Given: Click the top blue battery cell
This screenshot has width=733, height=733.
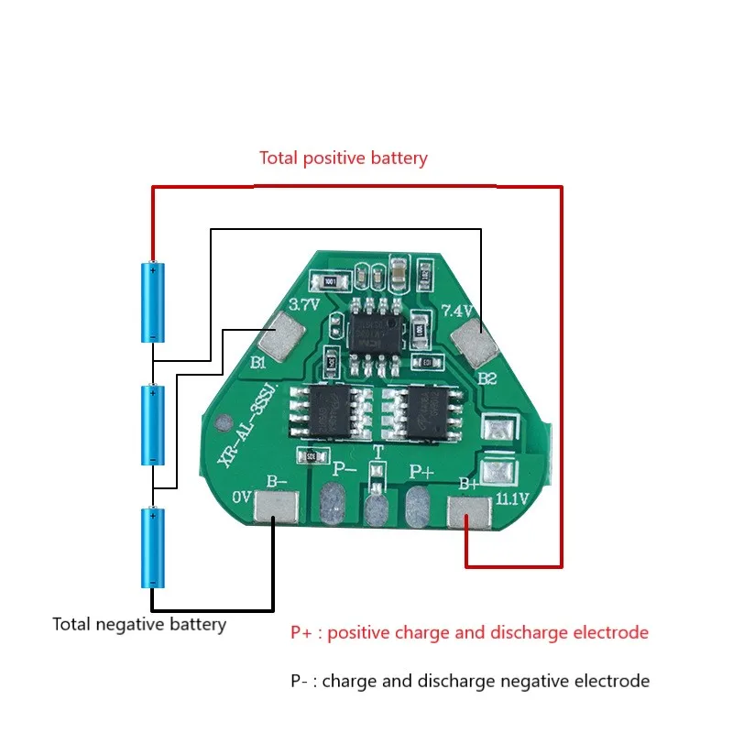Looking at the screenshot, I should coord(152,302).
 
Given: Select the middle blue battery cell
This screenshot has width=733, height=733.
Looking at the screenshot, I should coord(152,424).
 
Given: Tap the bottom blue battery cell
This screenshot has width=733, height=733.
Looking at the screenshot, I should coord(152,548).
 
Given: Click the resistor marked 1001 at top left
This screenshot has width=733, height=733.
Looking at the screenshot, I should coord(326,280).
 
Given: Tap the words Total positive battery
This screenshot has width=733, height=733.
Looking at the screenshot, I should coord(343,158).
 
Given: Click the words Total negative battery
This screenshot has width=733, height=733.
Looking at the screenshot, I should coord(139,625).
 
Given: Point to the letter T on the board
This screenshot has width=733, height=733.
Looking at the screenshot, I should coord(377,453).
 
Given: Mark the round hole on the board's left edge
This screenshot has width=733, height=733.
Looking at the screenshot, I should coord(221,426).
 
